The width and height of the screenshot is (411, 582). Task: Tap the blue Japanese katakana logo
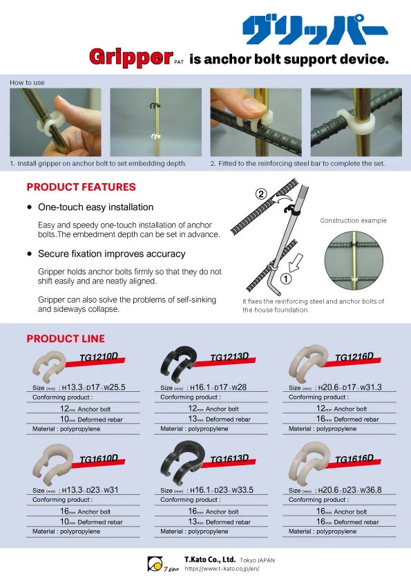314,29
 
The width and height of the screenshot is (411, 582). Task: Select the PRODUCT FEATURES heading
81,187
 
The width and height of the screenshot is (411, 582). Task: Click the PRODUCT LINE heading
66,338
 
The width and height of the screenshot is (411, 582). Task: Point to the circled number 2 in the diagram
262,194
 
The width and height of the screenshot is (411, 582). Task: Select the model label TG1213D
229,357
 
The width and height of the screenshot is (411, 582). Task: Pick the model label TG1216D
354,357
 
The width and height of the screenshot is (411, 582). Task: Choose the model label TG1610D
99,459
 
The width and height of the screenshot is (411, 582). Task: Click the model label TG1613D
229,459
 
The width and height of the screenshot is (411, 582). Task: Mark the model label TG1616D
354,459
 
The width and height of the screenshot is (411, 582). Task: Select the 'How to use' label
27,83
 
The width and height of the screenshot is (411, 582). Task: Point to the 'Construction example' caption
353,221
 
